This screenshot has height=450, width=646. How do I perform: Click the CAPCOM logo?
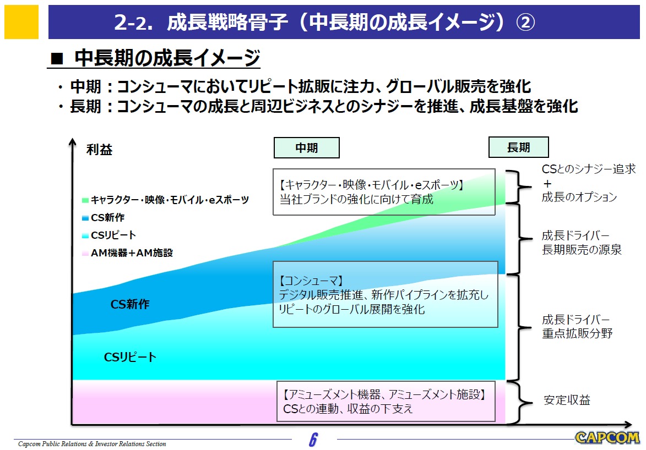coord(607,438)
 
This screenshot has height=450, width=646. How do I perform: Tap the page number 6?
coord(313,440)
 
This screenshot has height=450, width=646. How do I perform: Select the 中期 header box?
coord(306,147)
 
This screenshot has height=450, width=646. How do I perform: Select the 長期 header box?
coord(518,147)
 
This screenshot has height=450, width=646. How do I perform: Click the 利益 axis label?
coord(100,150)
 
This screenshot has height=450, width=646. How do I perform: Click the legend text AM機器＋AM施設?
coord(132,253)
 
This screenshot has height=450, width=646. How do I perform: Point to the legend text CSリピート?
coord(113,235)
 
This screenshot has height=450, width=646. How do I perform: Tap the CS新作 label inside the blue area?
coord(130,304)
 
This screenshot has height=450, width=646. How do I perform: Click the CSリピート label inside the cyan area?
coord(130,357)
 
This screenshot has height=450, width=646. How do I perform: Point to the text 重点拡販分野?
coord(577,333)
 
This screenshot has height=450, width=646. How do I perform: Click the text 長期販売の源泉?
coord(582,250)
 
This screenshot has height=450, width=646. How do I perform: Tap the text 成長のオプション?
coord(579,197)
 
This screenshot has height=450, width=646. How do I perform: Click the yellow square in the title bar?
coord(21,23)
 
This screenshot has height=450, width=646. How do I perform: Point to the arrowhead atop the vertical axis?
coord(72,141)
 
